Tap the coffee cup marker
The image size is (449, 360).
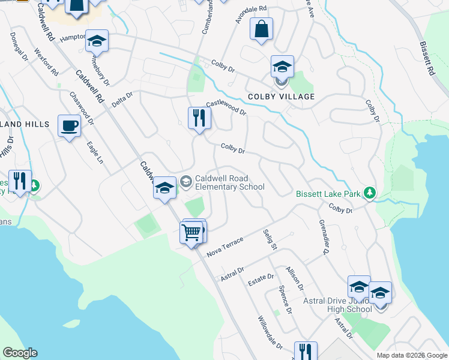coord(69,127)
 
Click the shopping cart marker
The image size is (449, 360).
coord(191,232)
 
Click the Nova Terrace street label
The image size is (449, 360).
coord(225,246)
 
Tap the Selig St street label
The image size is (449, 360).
coord(270,239)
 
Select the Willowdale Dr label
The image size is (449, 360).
coord(270,333)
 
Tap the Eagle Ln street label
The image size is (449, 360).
coord(95,153)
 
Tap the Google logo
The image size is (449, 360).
coord(20,353)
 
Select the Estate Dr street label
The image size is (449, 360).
coord(261,278)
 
